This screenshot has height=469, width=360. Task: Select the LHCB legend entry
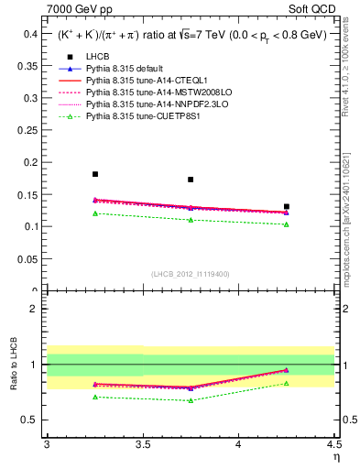pyautogui.click(x=97, y=57)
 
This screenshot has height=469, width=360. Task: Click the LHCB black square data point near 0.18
pyautogui.click(x=95, y=174)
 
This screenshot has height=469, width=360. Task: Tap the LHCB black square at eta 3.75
pyautogui.click(x=191, y=180)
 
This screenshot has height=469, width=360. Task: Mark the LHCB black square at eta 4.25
pyautogui.click(x=287, y=207)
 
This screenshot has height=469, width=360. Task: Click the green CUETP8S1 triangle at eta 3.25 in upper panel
pyautogui.click(x=95, y=213)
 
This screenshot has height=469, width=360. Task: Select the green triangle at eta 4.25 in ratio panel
pyautogui.click(x=287, y=383)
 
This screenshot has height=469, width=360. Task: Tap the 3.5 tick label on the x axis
pyautogui.click(x=142, y=445)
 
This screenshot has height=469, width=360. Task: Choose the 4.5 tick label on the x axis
pyautogui.click(x=333, y=445)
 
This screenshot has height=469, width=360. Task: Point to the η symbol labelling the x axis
pyautogui.click(x=335, y=457)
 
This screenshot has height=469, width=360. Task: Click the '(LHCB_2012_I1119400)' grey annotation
pyautogui.click(x=191, y=274)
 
